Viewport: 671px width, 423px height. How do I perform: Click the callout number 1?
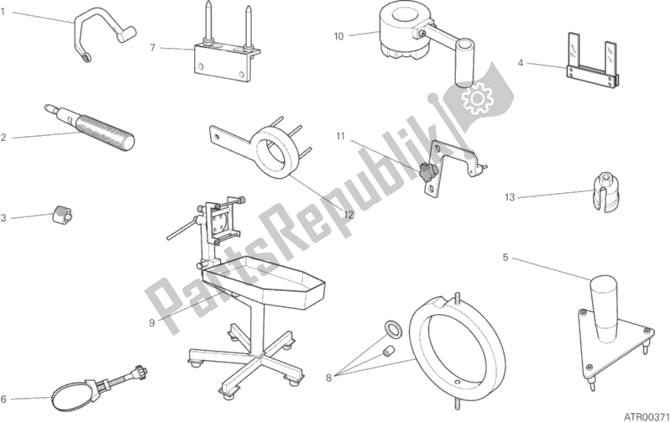pos(3,12)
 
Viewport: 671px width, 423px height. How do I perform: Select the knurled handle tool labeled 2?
pos(89,128)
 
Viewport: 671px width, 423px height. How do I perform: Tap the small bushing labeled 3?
pos(62,213)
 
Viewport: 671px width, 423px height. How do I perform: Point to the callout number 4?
pos(521,63)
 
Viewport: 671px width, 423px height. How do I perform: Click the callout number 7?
pos(153,48)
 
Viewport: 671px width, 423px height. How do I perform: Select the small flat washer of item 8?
pos(393,328)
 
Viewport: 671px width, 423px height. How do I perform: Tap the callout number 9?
pos(152,322)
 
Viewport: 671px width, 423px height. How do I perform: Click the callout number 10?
pos(338,37)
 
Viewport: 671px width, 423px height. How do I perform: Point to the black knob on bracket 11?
pos(427,172)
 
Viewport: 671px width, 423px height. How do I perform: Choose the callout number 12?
pos(349,214)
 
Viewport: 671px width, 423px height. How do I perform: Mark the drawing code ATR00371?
pos(645,416)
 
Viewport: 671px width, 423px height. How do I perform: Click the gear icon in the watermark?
pos(477,98)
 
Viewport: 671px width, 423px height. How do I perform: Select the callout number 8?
pos(328,378)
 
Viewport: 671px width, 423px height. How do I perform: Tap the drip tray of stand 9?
pos(263,283)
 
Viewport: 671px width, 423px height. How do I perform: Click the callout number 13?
pos(509,197)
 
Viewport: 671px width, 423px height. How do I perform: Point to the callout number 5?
pos(506,258)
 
